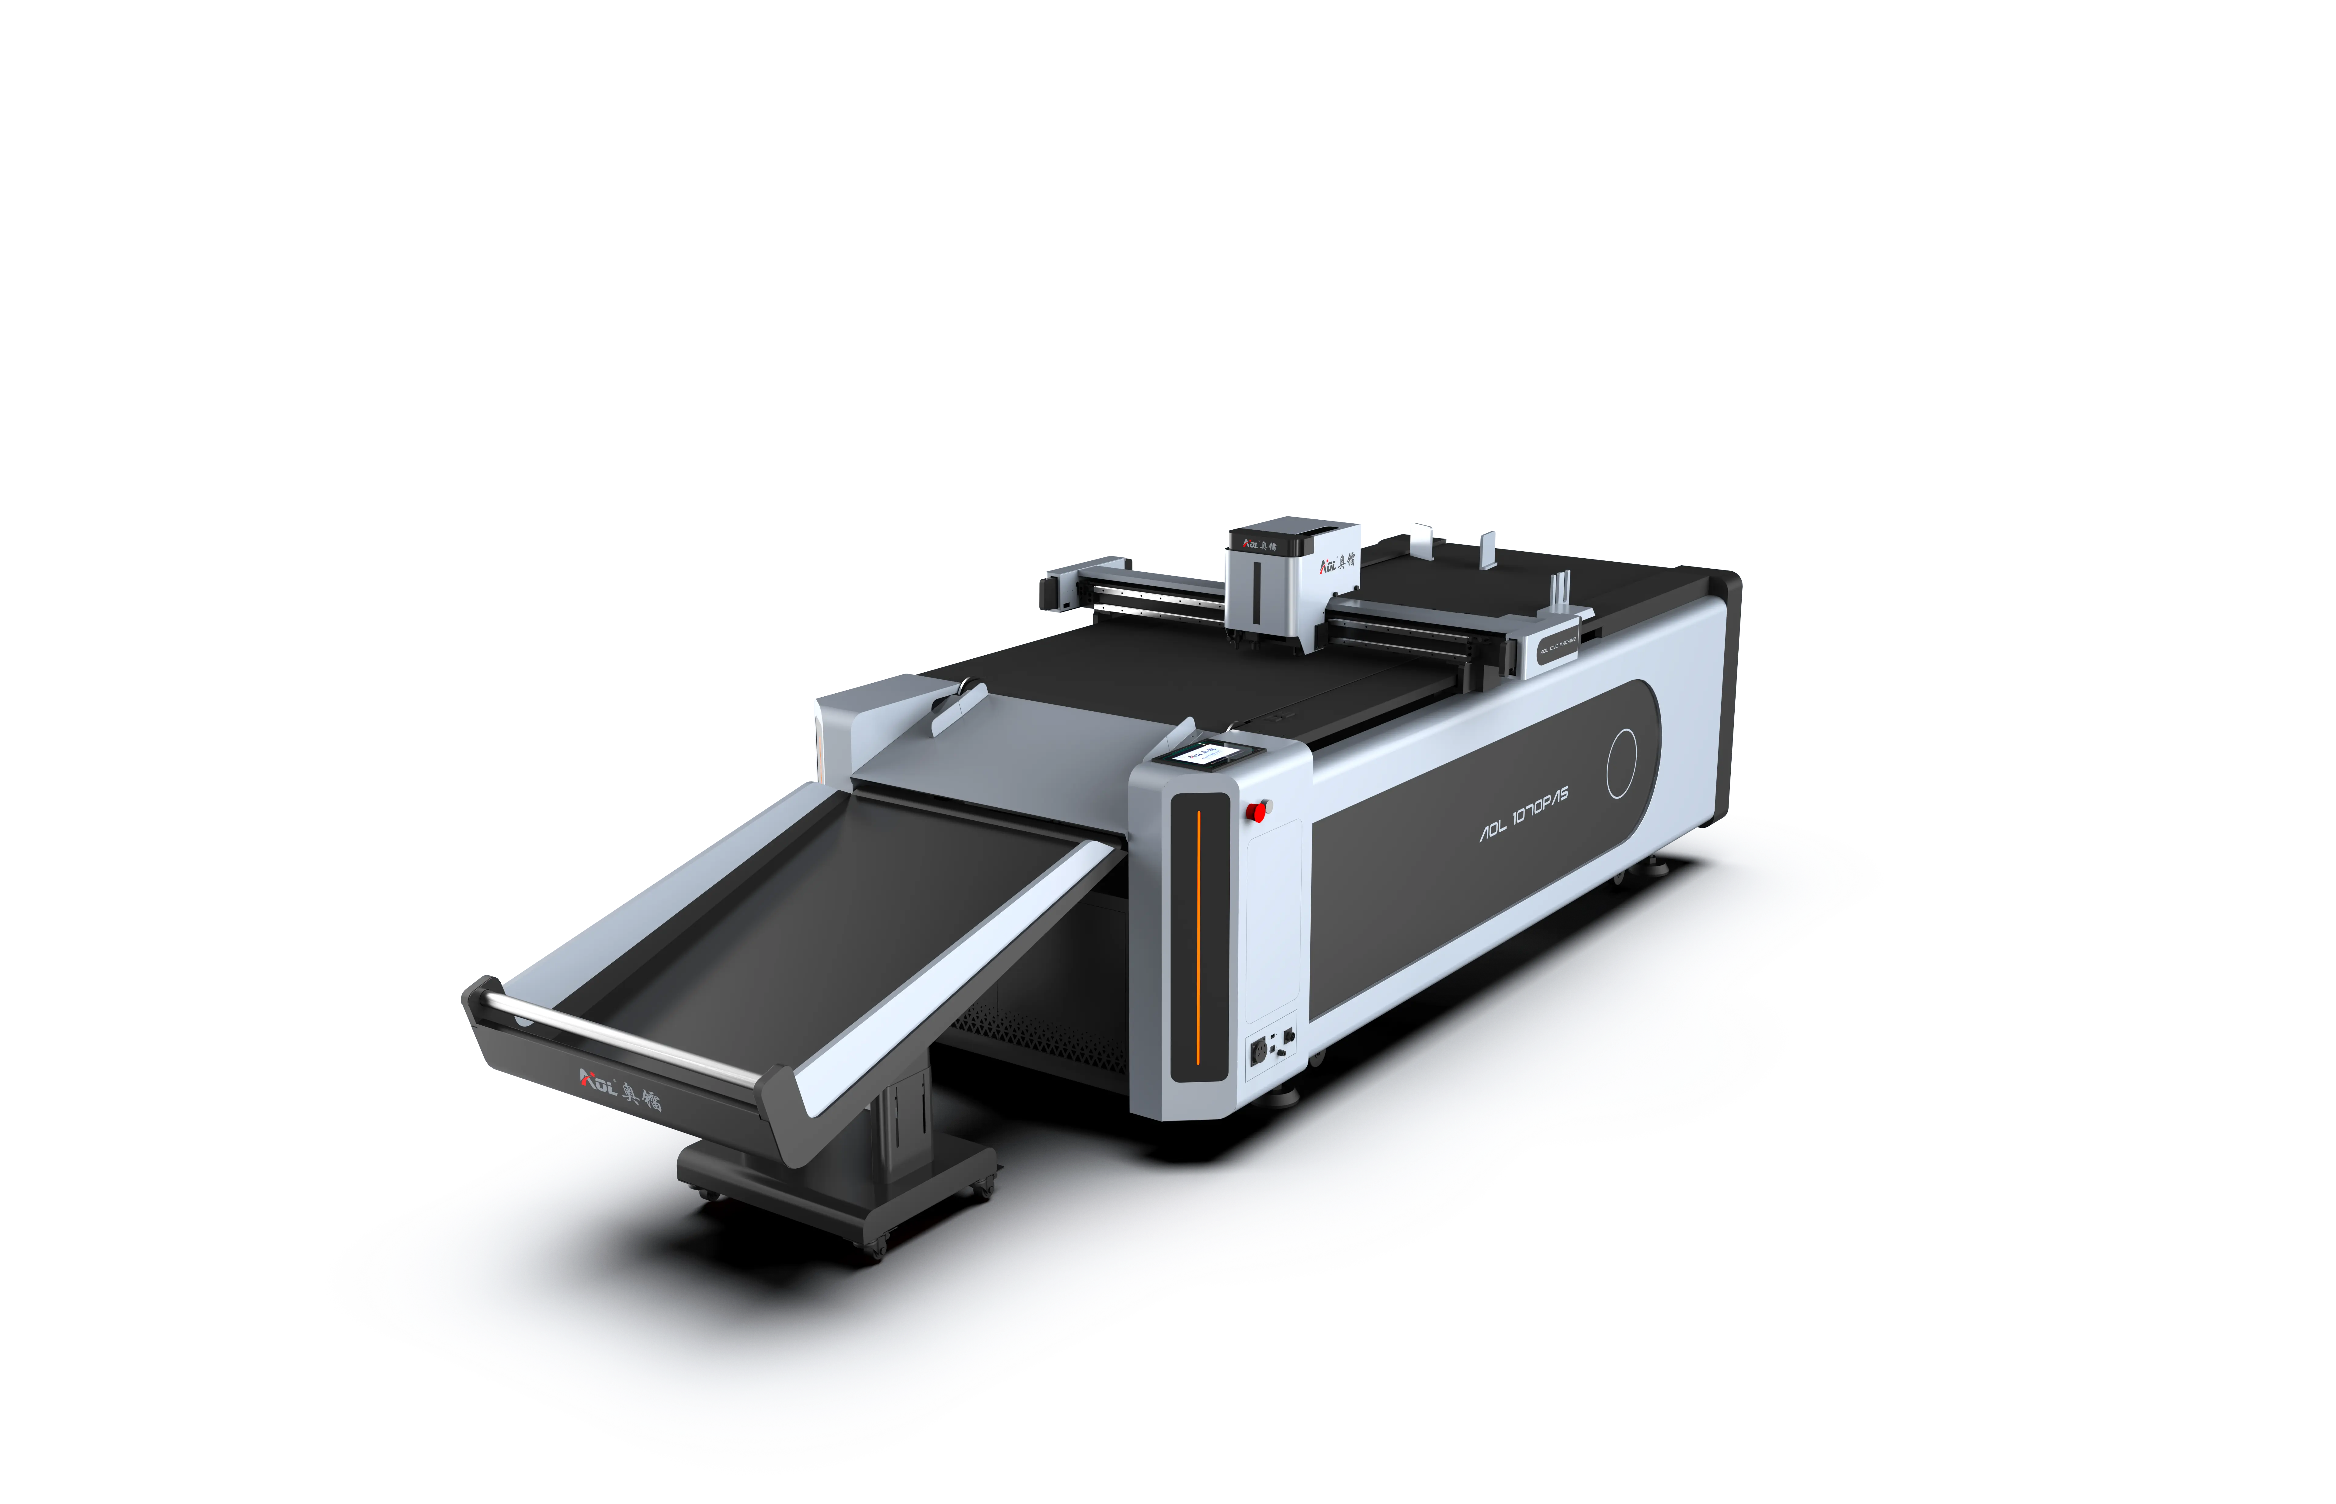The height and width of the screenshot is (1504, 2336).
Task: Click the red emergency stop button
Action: tap(1257, 809)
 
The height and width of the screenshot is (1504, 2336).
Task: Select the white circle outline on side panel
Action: tap(1622, 763)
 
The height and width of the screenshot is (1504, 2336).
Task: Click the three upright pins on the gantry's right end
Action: tap(1557, 594)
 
